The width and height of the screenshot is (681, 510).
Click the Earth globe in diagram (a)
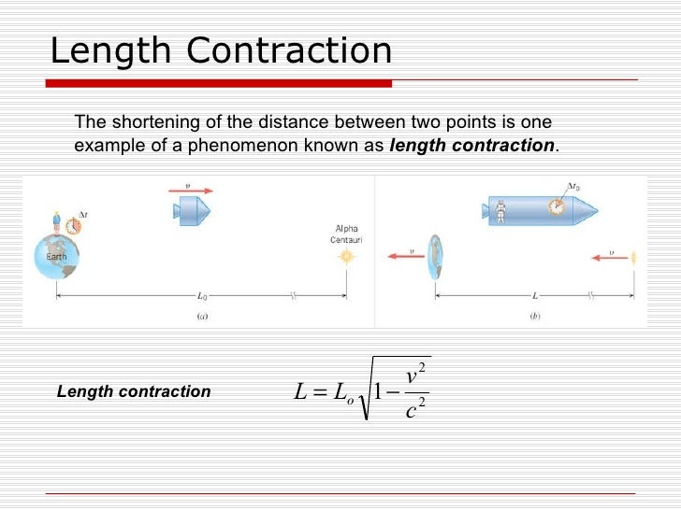(x=57, y=254)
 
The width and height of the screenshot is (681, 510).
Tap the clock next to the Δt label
(x=74, y=225)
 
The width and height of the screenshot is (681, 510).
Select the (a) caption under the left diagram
(x=201, y=316)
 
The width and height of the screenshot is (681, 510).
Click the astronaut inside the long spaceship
(x=500, y=211)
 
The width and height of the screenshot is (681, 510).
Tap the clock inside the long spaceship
(x=558, y=207)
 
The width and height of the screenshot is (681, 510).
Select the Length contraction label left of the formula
(x=134, y=391)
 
